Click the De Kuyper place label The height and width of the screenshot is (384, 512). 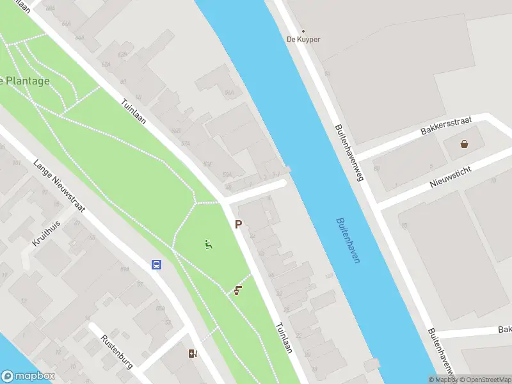303,40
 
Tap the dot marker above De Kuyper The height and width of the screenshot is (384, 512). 303,31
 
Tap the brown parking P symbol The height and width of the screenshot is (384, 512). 238,225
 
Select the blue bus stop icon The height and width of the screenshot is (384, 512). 156,264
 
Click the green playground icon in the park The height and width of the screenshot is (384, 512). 208,244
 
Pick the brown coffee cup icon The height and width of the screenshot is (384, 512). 238,291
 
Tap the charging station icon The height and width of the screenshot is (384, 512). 193,353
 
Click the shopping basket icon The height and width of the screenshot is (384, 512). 464,144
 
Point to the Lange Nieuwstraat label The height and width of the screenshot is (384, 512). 60,185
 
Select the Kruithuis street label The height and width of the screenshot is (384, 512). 45,234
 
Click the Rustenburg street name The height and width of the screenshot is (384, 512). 116,353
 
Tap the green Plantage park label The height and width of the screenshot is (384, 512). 26,81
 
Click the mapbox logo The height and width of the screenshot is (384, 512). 28,376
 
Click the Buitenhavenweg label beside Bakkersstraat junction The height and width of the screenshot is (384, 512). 349,152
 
